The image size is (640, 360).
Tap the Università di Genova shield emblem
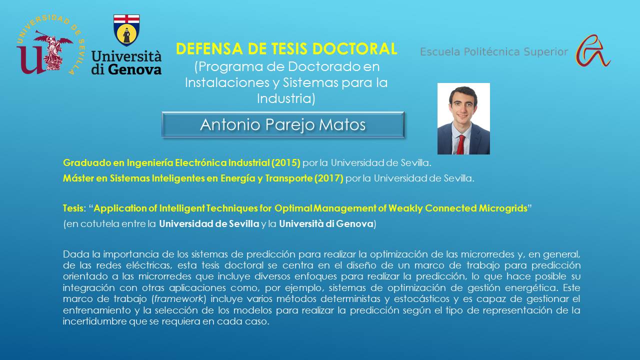[x=126, y=30]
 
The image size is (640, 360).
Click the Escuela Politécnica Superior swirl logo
[x=592, y=51]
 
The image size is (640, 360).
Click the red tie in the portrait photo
[x=460, y=144]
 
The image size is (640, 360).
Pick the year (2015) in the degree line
[x=285, y=163]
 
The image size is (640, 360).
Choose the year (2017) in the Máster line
[x=329, y=178]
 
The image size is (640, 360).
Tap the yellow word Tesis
[x=73, y=208]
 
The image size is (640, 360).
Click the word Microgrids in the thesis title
[x=503, y=208]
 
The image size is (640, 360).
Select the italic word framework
[x=178, y=299]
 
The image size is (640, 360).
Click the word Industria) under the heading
[x=286, y=98]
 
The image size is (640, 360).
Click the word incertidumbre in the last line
[x=95, y=321]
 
